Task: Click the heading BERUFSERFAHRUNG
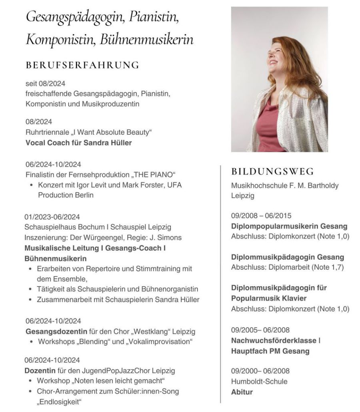[82, 65]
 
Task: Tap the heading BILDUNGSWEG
[273, 172]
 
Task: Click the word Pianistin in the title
[154, 17]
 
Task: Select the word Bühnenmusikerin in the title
[146, 40]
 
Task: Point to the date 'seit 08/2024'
[45, 84]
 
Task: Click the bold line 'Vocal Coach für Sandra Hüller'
[78, 143]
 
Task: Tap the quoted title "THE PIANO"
[155, 175]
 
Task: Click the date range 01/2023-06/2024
[52, 217]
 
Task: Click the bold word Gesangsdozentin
[56, 332]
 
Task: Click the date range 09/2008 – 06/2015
[261, 215]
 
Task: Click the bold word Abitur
[242, 392]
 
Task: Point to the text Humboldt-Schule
[259, 381]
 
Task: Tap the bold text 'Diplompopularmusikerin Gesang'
[289, 226]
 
